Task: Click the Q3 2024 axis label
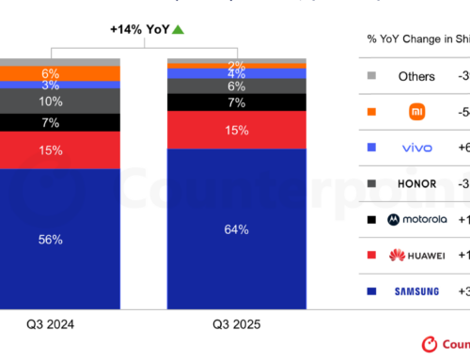(x=49, y=325)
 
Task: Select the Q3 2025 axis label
(x=235, y=325)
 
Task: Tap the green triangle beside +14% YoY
(x=178, y=30)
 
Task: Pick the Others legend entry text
(x=415, y=76)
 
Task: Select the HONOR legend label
(x=415, y=182)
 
